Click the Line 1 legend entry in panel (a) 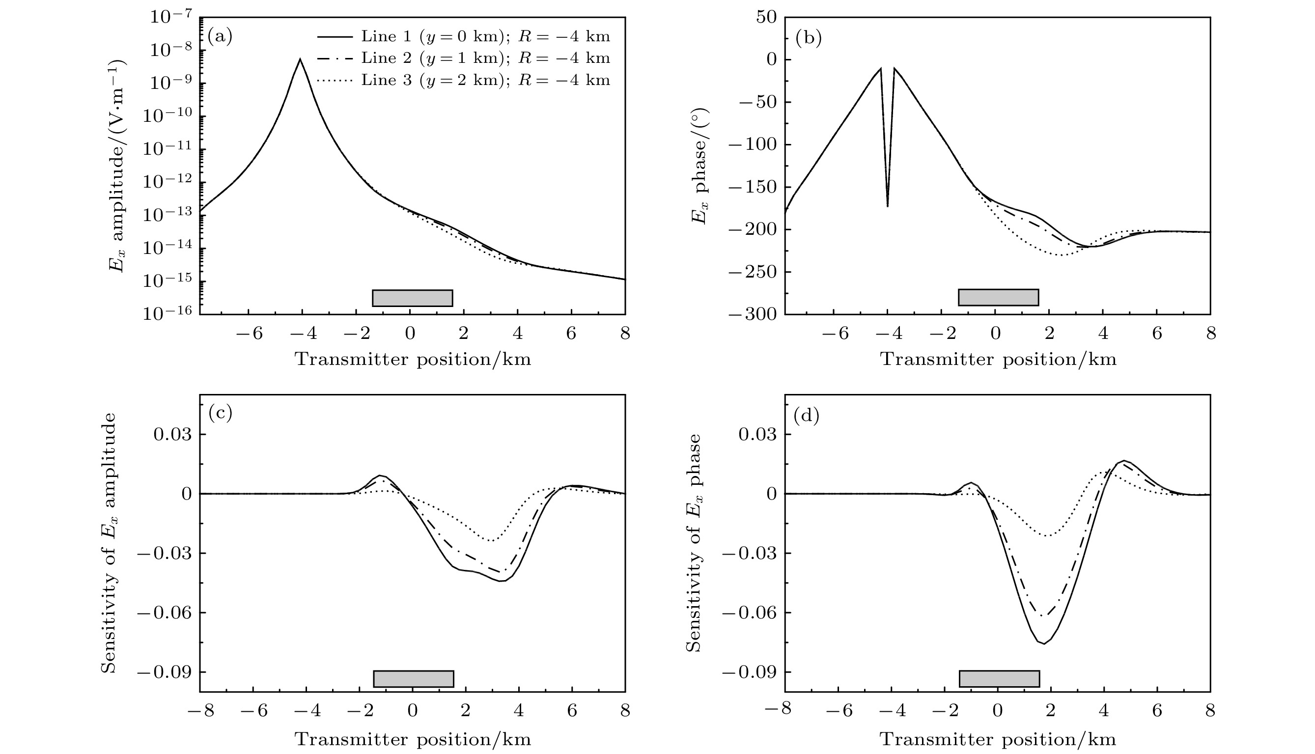tap(463, 36)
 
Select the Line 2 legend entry tap(463, 58)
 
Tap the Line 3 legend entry tap(463, 80)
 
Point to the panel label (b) tap(808, 37)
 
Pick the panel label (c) tap(220, 413)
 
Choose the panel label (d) tap(806, 416)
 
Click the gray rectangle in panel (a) tap(413, 298)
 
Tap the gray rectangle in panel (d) tap(999, 678)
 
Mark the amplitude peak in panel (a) tap(300, 59)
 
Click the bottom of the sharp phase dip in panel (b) tap(887, 206)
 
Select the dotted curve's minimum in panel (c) tap(491, 541)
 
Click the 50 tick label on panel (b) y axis tap(766, 17)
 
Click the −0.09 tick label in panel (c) tap(165, 672)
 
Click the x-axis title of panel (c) tap(413, 739)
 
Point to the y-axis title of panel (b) tap(699, 166)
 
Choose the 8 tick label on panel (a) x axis tap(625, 334)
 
